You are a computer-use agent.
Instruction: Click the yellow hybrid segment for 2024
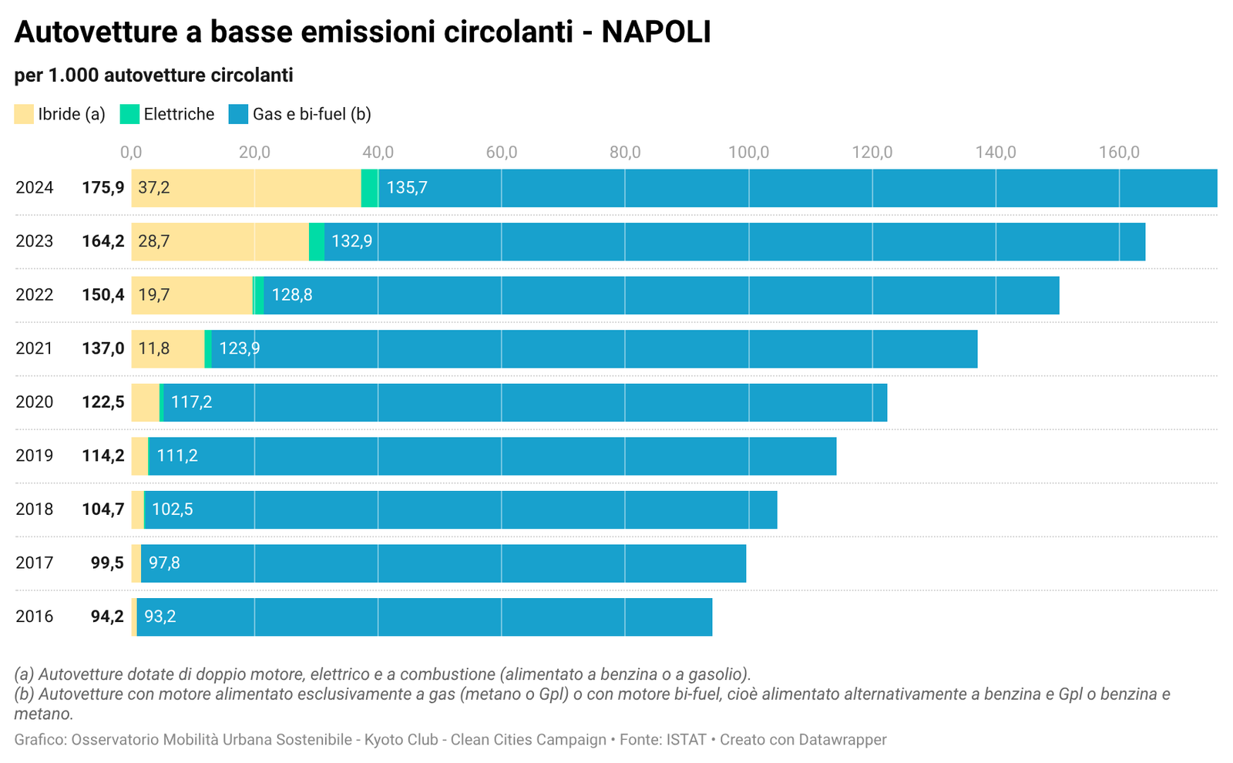247,188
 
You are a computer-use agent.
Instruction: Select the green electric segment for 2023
316,241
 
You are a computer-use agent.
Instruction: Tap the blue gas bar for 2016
424,617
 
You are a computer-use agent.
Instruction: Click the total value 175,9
103,188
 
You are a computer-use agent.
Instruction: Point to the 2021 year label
35,348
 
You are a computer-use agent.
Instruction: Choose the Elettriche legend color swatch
129,114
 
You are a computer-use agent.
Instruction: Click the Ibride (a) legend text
72,114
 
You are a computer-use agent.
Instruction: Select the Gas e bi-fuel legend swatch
239,114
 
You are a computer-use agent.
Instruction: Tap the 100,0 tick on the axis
748,152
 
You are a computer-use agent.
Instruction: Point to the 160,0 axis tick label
1119,152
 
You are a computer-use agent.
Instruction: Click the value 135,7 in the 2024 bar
407,188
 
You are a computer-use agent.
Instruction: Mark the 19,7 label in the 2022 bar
154,295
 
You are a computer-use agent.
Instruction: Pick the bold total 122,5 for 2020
103,402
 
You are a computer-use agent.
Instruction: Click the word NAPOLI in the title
656,32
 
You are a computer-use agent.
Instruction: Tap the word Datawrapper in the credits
842,740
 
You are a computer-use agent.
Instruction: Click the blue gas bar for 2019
493,456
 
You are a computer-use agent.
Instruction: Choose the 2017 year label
35,563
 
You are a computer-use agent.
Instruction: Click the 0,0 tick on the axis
131,152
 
